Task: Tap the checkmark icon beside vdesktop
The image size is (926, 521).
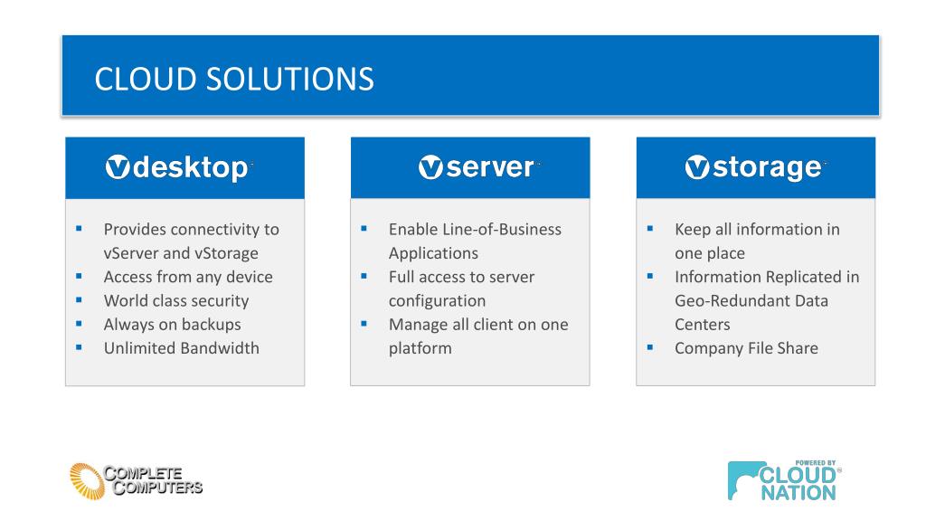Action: (x=118, y=168)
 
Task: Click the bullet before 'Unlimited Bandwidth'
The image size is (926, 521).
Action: (x=79, y=346)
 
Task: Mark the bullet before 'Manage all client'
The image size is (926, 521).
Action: (x=364, y=323)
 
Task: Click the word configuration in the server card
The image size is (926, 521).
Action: (x=437, y=300)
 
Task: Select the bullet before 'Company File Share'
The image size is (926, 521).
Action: (x=649, y=346)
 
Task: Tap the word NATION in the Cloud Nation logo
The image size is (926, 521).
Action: (x=798, y=493)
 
